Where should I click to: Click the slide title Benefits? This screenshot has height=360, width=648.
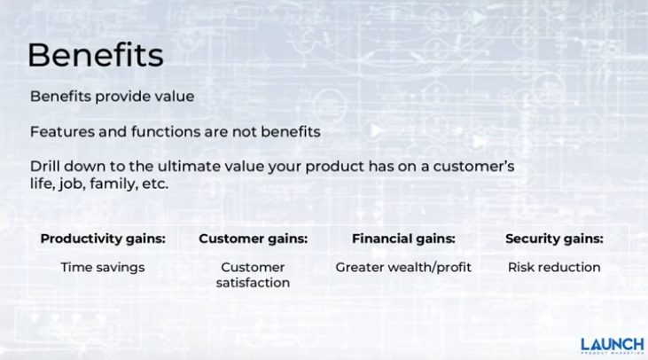96,55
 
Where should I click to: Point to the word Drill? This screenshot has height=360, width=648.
44,166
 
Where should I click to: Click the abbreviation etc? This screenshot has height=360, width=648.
155,184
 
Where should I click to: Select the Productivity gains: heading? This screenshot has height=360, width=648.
103,239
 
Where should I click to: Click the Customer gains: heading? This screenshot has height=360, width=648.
254,239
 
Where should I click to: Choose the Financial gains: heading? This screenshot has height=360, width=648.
403,239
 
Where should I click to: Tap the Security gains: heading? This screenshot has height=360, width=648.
554,239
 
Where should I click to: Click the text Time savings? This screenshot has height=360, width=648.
103,268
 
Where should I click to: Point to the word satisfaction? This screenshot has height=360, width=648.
253,283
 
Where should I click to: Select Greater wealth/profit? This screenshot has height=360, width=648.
403,268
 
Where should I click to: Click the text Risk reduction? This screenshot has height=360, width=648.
554,268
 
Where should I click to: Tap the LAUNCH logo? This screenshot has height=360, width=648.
613,346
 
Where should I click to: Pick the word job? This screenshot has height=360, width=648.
72,184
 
